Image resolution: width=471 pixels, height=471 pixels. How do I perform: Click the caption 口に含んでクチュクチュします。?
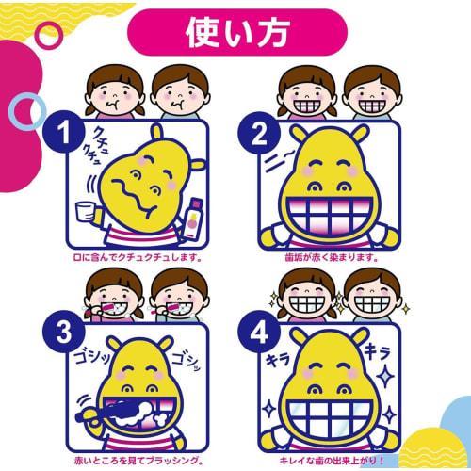(136, 256)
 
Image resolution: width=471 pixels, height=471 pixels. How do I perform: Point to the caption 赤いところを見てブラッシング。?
(136, 461)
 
